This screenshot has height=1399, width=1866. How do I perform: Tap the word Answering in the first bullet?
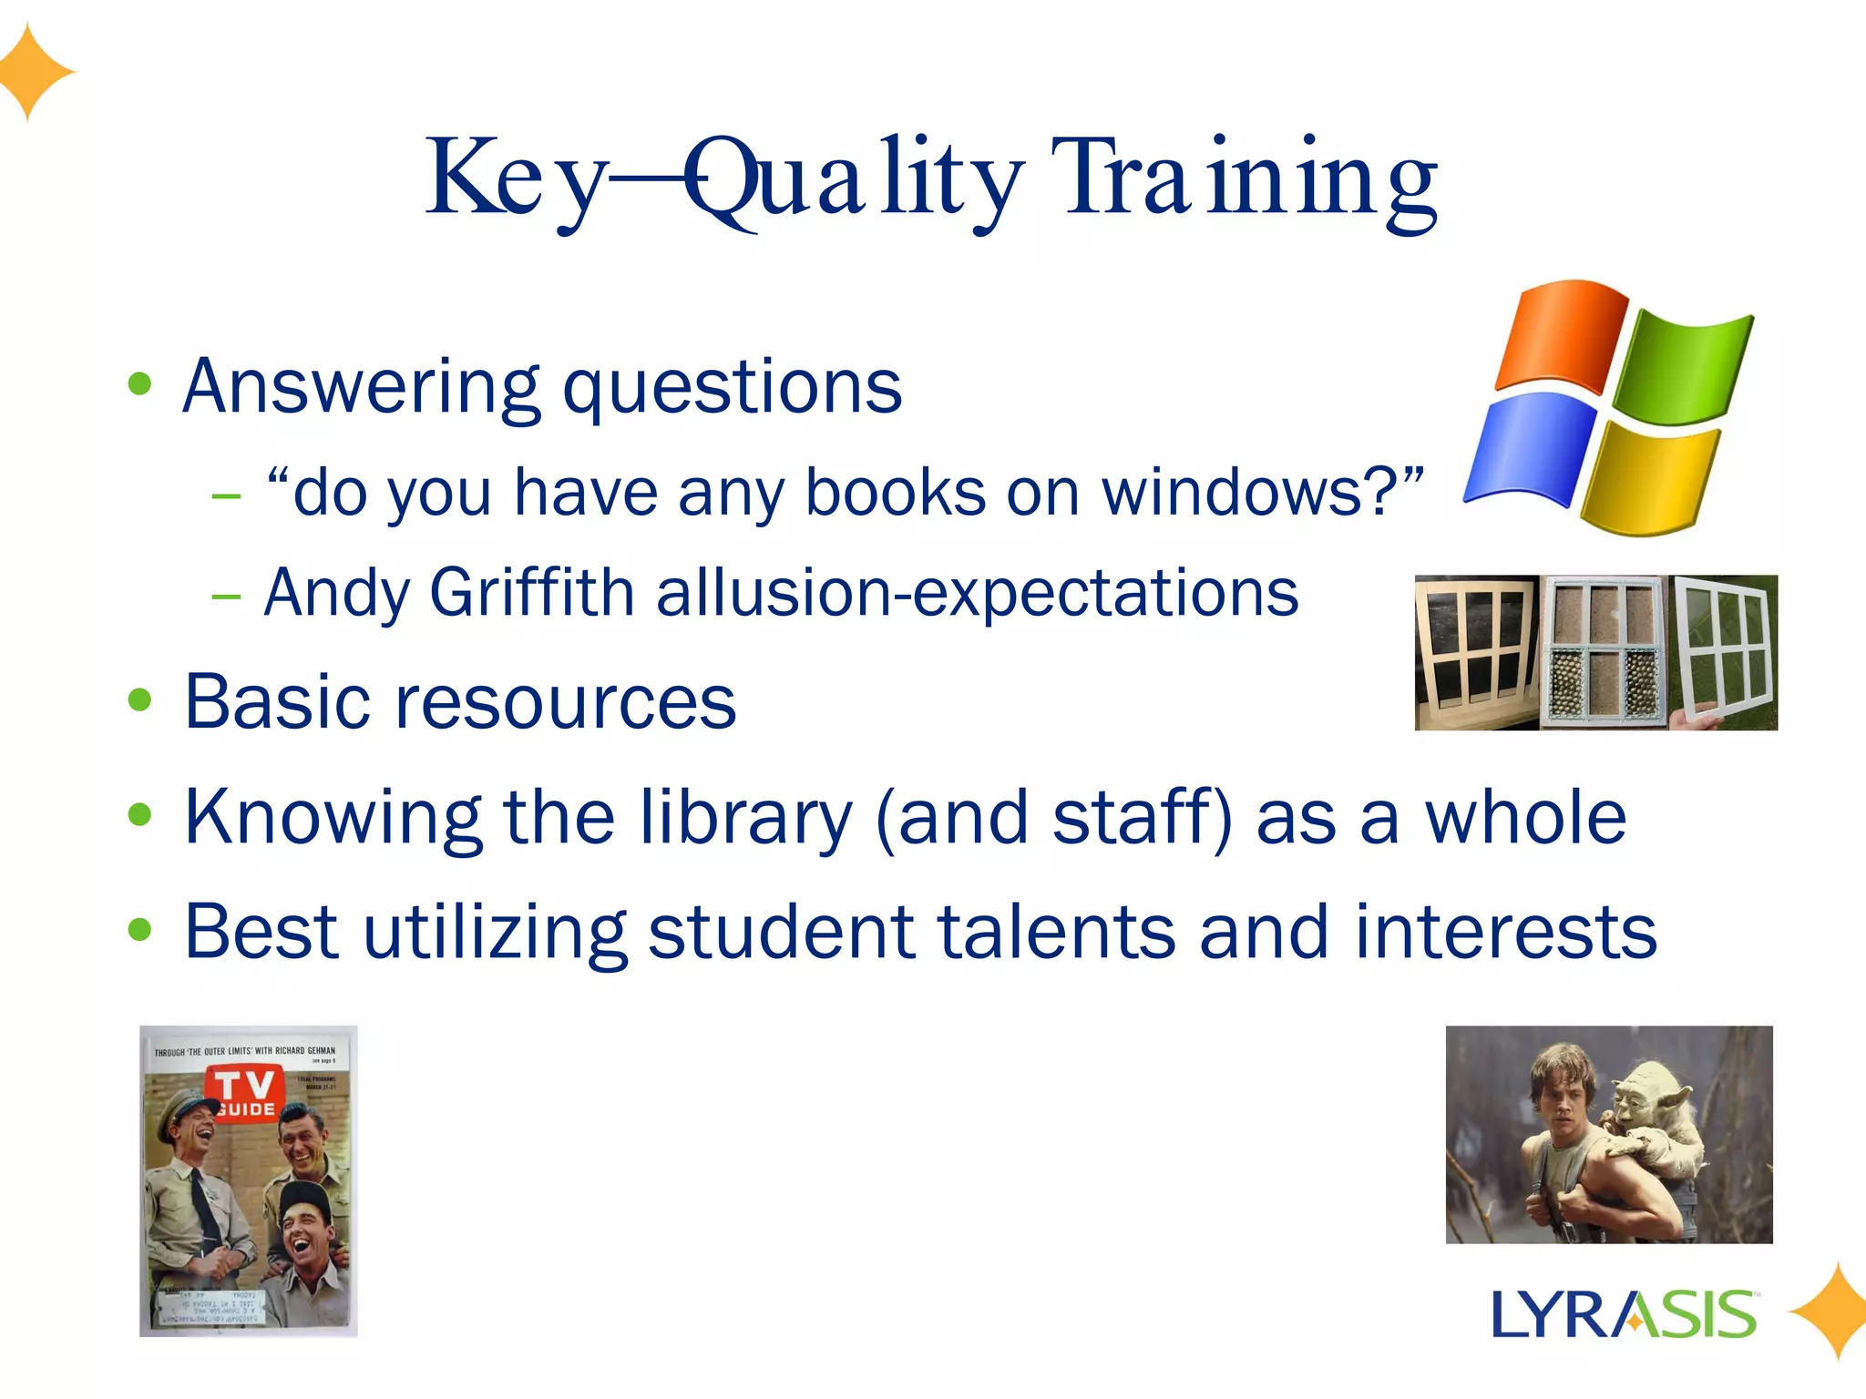(x=360, y=387)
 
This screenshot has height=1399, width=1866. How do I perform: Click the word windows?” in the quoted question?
(x=1262, y=492)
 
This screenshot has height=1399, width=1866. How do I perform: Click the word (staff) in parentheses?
(x=1143, y=817)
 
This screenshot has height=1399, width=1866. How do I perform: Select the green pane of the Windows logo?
(x=1684, y=364)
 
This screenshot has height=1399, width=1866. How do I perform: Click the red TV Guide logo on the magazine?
(x=244, y=1093)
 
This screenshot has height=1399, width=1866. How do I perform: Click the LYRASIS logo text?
(x=1624, y=1314)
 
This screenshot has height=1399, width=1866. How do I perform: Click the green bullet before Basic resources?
(x=139, y=701)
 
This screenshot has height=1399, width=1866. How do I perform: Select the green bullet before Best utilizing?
(x=139, y=930)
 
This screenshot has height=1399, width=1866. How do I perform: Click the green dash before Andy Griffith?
(x=226, y=597)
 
